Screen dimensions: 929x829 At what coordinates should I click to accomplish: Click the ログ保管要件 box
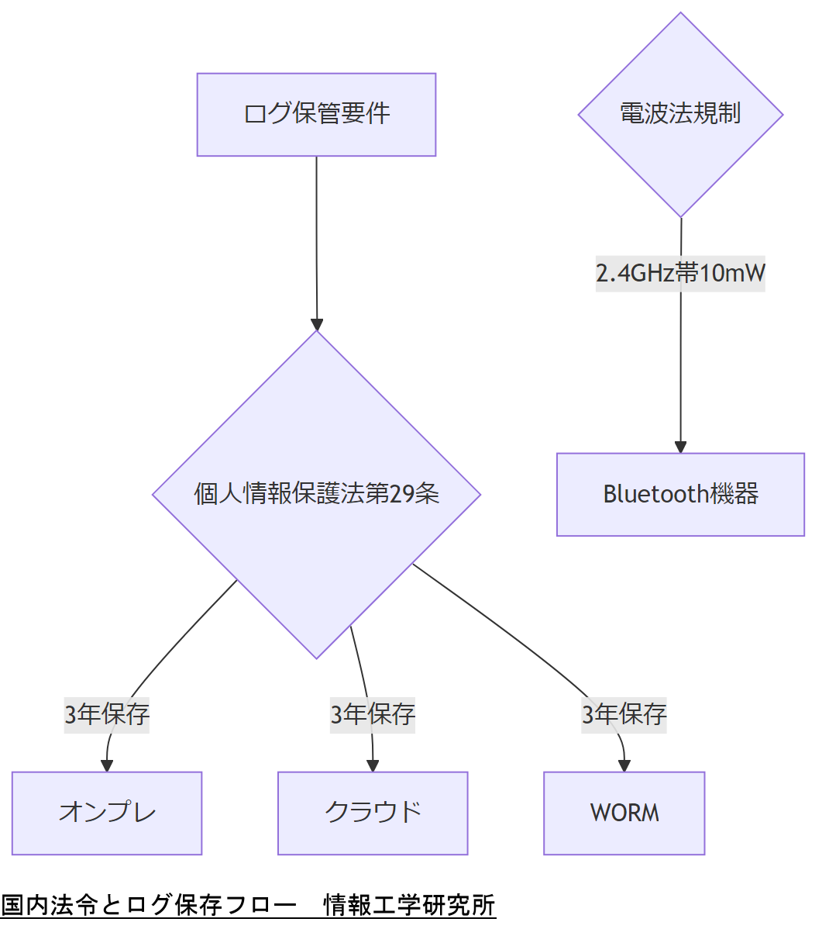(x=316, y=115)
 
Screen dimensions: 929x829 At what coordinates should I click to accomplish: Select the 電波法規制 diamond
(x=680, y=115)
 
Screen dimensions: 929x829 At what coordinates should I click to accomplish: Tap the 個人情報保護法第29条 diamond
(x=316, y=494)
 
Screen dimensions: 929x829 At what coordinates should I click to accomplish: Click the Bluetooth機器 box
(x=680, y=494)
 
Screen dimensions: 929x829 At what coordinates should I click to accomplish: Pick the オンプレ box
(x=107, y=813)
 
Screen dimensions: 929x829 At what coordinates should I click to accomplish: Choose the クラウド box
(x=373, y=813)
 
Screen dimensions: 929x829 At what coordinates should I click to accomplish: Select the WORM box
(x=624, y=813)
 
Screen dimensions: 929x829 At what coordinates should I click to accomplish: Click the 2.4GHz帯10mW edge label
(x=680, y=273)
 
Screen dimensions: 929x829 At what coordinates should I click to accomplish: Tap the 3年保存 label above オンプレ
(x=107, y=714)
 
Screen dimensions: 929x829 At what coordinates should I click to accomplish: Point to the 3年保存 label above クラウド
(x=373, y=714)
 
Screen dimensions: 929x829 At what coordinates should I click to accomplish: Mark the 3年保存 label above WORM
(x=624, y=714)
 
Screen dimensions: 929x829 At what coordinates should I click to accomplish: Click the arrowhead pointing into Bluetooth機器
(x=680, y=447)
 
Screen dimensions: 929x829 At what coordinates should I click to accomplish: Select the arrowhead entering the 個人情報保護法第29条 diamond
(x=316, y=324)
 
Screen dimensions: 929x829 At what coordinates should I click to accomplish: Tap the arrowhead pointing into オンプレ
(x=107, y=766)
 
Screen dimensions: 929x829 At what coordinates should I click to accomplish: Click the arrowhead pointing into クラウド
(x=373, y=766)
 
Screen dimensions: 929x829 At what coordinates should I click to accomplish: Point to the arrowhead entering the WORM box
(x=624, y=766)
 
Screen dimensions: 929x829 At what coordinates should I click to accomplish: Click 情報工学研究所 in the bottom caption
(x=409, y=905)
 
